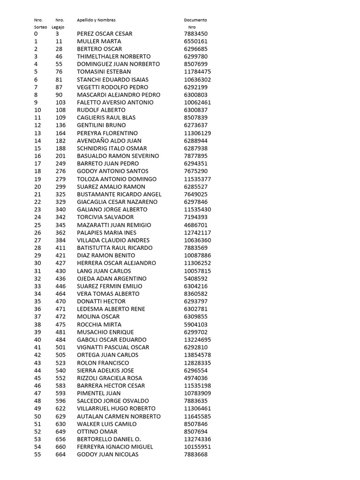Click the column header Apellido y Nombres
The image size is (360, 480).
tap(96, 20)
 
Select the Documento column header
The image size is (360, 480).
tap(195, 20)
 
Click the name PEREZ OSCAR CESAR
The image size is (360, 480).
tap(105, 34)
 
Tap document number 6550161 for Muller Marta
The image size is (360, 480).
tap(195, 41)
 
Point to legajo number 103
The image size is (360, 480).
tap(60, 102)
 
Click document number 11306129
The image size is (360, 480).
tap(197, 133)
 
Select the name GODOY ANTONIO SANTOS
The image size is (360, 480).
tap(112, 171)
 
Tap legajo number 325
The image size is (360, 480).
tap(60, 194)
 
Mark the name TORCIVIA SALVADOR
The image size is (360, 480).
tap(105, 217)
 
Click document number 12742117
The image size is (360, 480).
tap(197, 232)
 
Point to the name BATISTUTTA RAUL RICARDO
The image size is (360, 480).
tap(115, 247)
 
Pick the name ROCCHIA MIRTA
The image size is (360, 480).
tap(99, 324)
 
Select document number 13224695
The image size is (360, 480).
tap(197, 339)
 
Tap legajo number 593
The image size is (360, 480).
tap(60, 393)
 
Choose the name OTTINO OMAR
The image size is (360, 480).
tap(97, 431)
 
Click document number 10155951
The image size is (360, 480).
tap(197, 447)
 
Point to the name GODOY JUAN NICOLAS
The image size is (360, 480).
tap(108, 454)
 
